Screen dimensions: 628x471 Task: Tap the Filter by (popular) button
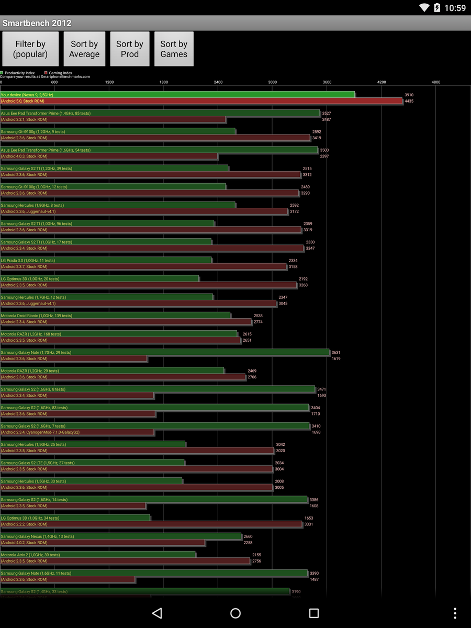(30, 49)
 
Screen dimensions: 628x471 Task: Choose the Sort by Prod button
(130, 49)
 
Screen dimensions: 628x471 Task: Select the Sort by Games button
(174, 49)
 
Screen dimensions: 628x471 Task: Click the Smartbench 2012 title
(37, 23)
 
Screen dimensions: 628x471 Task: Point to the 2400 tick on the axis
(218, 82)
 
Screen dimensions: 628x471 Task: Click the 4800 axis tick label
(436, 82)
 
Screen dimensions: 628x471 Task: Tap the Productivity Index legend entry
(19, 73)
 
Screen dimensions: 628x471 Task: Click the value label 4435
(409, 101)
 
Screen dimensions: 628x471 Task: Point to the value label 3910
(409, 95)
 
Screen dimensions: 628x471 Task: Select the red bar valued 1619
(74, 358)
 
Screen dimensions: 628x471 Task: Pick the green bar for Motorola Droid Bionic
(115, 316)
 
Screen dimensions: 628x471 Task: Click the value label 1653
(309, 518)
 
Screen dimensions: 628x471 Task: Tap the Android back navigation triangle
(157, 613)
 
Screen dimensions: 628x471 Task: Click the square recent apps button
(314, 613)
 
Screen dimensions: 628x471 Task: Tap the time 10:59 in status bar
(454, 8)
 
